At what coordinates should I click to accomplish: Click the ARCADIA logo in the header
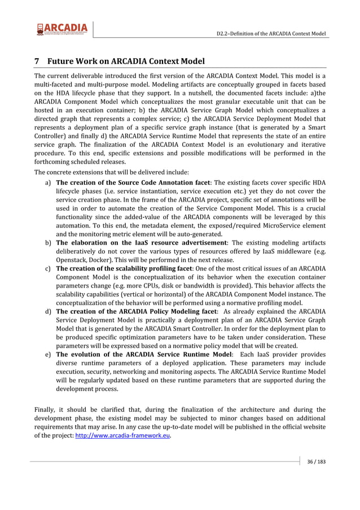[x=62, y=29]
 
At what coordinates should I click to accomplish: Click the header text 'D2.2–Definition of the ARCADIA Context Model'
[x=271, y=34]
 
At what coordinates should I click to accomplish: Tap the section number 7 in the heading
[x=37, y=61]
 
